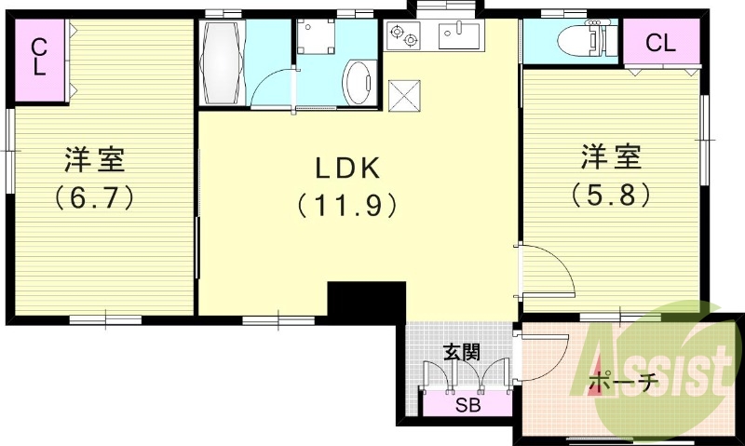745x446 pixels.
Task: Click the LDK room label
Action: point(348,168)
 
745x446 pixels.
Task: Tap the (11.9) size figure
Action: point(346,206)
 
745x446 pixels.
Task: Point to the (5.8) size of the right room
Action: point(611,194)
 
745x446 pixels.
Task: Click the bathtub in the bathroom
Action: point(222,61)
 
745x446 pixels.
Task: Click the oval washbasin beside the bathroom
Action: point(359,82)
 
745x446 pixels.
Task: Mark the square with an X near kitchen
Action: point(404,96)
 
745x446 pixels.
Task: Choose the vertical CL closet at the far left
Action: point(40,60)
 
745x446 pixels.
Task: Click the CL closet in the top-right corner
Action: point(661,42)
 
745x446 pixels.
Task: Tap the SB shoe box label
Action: point(468,405)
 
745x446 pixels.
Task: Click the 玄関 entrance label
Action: point(462,353)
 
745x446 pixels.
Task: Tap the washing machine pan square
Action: point(316,36)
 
